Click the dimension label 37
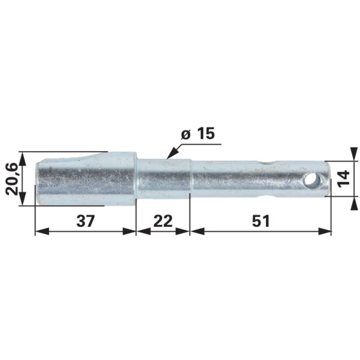point(85,221)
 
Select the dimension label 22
point(163,221)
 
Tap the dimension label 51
point(260,221)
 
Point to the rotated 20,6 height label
point(11,179)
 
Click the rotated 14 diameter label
point(344,179)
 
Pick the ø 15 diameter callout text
point(197,134)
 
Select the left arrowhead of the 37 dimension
point(42,232)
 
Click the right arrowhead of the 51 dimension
point(325,232)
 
